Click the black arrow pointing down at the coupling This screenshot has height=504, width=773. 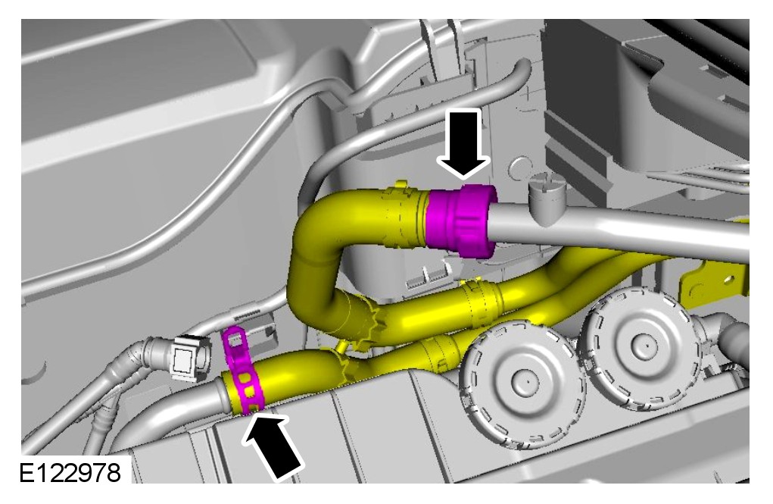point(463,143)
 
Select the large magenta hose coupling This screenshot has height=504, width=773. point(460,221)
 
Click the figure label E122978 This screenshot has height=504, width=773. point(70,472)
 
